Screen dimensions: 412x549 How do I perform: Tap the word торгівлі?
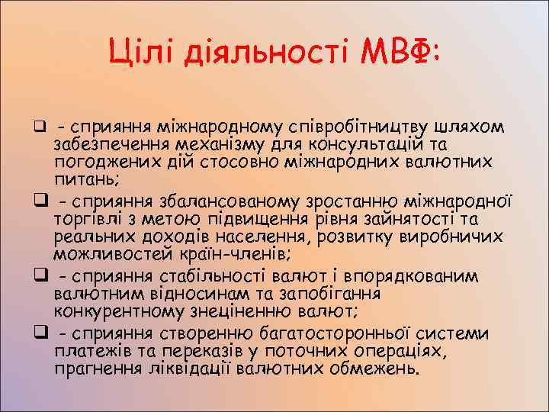(85, 218)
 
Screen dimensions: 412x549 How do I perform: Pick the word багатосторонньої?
(362, 332)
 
